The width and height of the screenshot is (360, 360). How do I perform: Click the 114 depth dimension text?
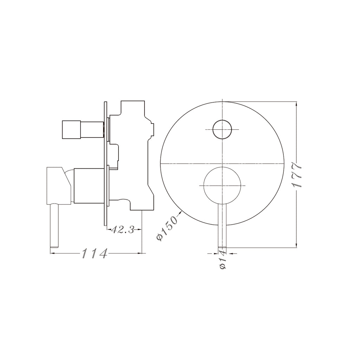94,253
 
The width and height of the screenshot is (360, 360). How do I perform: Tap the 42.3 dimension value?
123,230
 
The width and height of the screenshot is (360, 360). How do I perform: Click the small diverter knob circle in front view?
222,129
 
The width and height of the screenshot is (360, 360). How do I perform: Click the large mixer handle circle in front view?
222,185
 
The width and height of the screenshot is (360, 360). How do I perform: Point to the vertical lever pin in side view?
54,225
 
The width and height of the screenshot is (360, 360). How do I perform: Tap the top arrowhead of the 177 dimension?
297,104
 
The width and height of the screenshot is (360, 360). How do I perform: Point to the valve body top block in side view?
133,109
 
